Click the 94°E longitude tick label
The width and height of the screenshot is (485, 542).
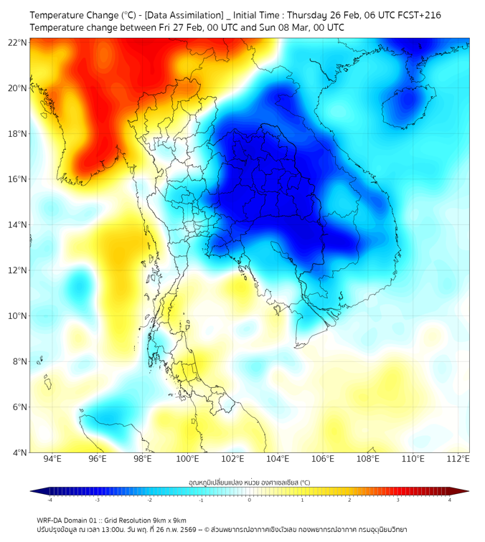(52, 459)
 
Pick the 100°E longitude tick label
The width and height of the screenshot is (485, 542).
(188, 459)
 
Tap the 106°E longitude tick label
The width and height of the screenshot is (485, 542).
(324, 459)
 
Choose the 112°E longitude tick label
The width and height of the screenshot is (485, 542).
(459, 459)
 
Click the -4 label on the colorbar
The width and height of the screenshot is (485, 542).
(50, 500)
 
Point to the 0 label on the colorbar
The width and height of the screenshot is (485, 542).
(250, 500)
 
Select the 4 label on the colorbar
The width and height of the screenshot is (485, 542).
(450, 500)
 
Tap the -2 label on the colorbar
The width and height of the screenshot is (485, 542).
(149, 500)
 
